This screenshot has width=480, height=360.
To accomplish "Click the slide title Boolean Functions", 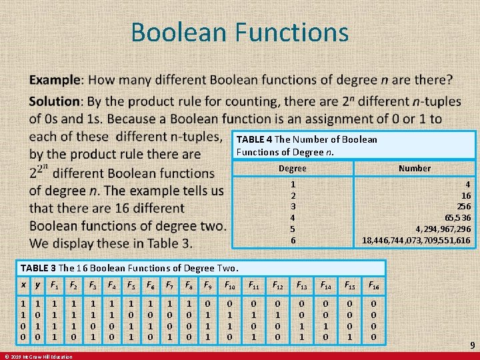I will point(239,32).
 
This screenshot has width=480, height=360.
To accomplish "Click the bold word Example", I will point(54,80).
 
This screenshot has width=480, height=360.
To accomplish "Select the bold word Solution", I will point(54,101).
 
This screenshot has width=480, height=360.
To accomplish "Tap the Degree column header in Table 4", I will point(292,169).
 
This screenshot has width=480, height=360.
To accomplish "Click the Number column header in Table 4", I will point(414,169).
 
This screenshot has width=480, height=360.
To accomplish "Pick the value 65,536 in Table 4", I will point(453,217).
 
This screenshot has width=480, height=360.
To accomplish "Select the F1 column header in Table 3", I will point(54,285).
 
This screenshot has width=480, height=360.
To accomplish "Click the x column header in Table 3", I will point(24,285).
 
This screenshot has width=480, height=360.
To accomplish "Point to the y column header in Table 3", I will point(37,285).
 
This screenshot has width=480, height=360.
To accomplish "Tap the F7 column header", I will point(170,285).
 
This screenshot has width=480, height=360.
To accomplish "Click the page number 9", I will point(471,345).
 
